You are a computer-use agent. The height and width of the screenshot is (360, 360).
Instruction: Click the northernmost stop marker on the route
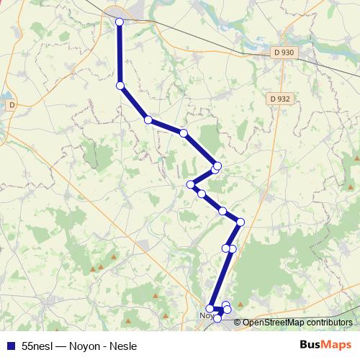pyautogui.click(x=120, y=22)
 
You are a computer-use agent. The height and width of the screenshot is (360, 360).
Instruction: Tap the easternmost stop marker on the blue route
pyautogui.click(x=240, y=222)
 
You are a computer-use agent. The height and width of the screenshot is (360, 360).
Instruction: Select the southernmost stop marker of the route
pyautogui.click(x=217, y=318)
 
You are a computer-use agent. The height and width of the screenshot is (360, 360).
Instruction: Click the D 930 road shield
pyautogui.click(x=284, y=53)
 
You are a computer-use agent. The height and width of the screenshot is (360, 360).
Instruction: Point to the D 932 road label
pyautogui.click(x=280, y=99)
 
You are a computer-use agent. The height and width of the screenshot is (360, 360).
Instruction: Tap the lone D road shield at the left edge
pyautogui.click(x=11, y=105)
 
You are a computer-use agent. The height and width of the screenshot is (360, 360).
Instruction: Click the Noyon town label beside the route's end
pyautogui.click(x=205, y=315)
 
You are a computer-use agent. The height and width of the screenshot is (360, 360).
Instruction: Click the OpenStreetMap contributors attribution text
pyautogui.click(x=297, y=323)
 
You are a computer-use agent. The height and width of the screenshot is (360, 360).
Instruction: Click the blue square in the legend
pyautogui.click(x=11, y=346)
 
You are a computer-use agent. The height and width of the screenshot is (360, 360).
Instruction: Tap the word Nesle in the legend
pyautogui.click(x=122, y=346)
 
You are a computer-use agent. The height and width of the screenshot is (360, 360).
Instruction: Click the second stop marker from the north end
pyautogui.click(x=120, y=86)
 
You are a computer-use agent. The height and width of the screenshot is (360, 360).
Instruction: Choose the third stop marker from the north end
pyautogui.click(x=148, y=120)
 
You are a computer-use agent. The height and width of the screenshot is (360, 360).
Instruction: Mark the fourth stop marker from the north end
pyautogui.click(x=184, y=133)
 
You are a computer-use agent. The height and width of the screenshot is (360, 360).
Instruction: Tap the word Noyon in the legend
pyautogui.click(x=86, y=346)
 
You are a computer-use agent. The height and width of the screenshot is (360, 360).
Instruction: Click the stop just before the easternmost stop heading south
pyautogui.click(x=223, y=211)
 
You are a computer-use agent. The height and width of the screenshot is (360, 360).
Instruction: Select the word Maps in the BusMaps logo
pyautogui.click(x=336, y=345)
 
